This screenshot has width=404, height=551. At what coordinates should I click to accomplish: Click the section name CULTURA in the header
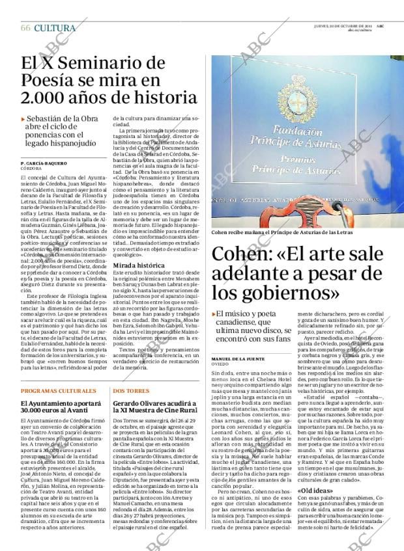coord(55,28)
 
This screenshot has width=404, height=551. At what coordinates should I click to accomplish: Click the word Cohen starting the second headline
coord(240,254)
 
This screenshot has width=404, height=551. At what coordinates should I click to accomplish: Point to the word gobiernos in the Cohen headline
coord(263,297)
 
